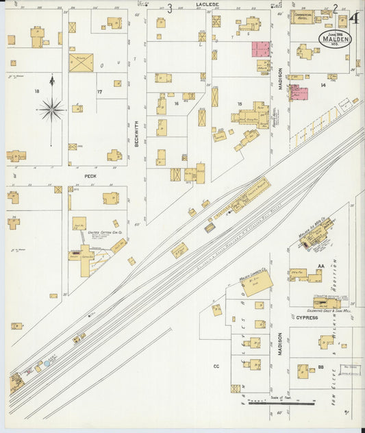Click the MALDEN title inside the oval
335,40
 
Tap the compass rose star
51,108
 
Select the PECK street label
90,175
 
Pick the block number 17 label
99,92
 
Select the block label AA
320,267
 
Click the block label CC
216,367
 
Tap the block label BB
320,369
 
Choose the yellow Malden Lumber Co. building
257,282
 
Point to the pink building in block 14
299,93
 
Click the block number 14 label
323,85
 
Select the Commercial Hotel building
301,17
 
